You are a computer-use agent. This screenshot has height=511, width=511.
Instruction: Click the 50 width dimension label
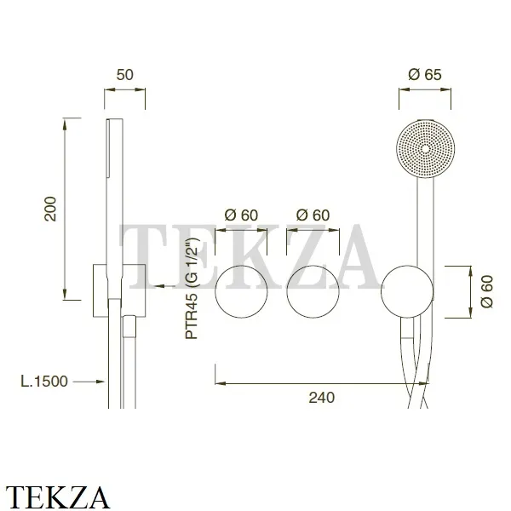[x=125, y=75]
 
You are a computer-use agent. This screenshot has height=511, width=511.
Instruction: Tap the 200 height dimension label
[x=50, y=209]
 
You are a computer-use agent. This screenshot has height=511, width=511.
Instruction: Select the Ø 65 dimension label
[x=425, y=75]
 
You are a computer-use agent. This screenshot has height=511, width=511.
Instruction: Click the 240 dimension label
[x=322, y=398]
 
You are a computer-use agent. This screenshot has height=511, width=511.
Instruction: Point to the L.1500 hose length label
[x=44, y=382]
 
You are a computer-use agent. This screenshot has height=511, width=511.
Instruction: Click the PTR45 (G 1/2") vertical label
[x=192, y=289]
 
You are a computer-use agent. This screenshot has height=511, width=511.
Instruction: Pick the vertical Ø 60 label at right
[x=487, y=291]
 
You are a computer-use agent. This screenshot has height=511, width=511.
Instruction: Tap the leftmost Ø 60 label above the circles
[x=241, y=215]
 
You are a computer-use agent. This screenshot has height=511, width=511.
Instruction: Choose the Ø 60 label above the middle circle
[x=313, y=215]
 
